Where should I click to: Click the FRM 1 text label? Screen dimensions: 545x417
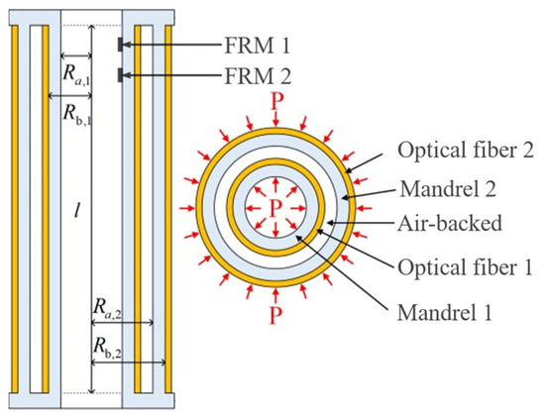click(x=258, y=46)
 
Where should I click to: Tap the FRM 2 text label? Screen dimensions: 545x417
click(x=258, y=75)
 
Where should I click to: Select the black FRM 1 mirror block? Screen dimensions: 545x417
click(x=120, y=45)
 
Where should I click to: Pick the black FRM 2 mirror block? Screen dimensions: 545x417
click(x=120, y=75)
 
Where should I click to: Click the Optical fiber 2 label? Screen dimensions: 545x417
click(x=466, y=151)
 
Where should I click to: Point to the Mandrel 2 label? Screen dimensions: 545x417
click(x=448, y=189)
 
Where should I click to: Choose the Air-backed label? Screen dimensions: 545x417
click(x=450, y=223)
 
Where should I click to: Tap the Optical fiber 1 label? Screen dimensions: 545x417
click(x=465, y=267)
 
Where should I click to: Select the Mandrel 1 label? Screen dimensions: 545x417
click(x=445, y=312)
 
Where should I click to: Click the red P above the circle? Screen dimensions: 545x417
click(x=277, y=101)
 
